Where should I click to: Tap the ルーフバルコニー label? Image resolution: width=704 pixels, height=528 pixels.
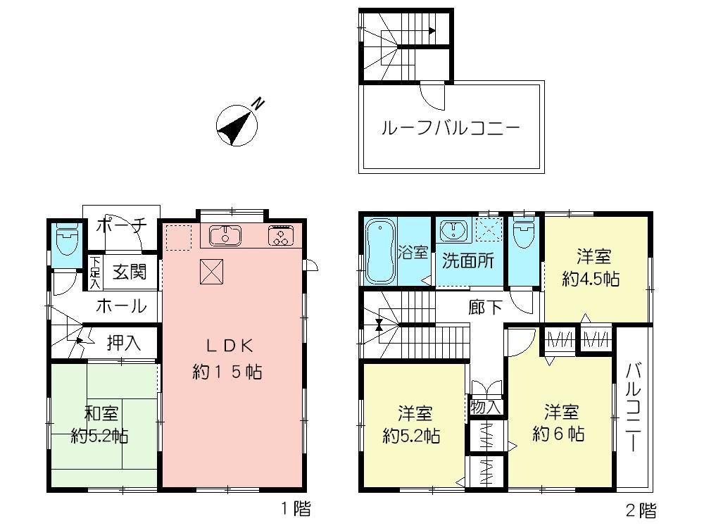[451, 129]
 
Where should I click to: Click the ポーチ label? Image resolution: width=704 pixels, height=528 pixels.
[120, 225]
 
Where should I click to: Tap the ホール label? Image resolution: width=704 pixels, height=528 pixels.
[120, 306]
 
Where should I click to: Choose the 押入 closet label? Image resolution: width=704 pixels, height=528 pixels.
[124, 343]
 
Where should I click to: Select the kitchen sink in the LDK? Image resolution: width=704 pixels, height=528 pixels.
[225, 234]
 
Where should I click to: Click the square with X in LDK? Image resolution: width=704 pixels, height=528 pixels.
[210, 271]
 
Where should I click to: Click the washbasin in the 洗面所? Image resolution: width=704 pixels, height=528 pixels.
[453, 230]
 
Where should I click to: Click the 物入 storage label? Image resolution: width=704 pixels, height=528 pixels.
[485, 406]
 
